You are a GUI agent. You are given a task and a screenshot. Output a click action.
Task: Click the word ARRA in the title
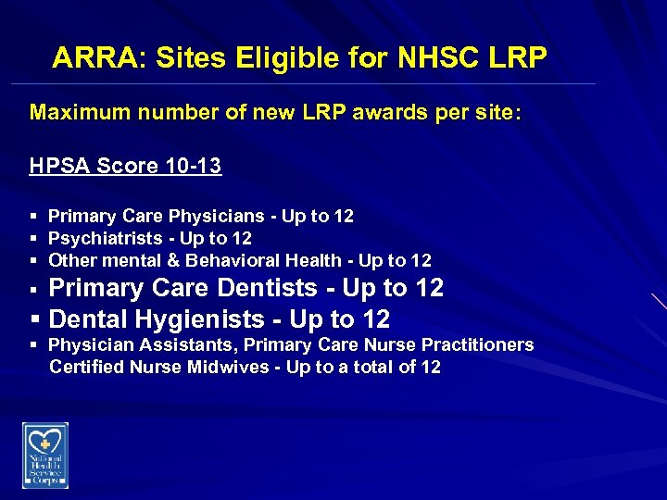tap(93, 58)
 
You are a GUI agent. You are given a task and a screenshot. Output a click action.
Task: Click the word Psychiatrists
tap(100, 239)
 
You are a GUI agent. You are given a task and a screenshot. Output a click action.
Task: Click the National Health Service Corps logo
tap(44, 455)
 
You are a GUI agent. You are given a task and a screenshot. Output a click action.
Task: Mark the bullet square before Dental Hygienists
tap(34, 320)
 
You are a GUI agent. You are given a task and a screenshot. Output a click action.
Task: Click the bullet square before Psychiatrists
tap(34, 239)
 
